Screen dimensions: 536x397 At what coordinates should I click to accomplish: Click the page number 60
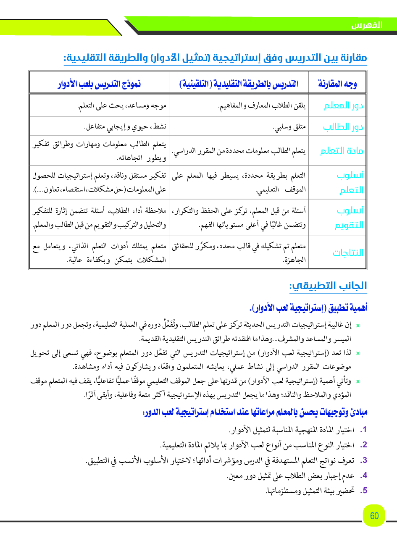(x=374, y=515)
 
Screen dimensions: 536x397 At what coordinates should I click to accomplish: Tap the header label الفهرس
(x=367, y=25)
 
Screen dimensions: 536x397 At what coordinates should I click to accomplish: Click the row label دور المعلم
(x=343, y=106)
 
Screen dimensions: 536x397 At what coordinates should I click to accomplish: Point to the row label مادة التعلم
(x=342, y=151)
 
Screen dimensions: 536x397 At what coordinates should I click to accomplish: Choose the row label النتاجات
(x=348, y=252)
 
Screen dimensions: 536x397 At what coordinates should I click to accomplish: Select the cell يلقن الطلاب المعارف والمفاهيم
(x=262, y=106)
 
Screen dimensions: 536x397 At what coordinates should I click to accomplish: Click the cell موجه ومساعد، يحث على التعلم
(x=122, y=106)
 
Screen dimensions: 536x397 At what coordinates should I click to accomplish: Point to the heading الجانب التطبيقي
(x=328, y=286)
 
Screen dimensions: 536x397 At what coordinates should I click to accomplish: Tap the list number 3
(x=363, y=460)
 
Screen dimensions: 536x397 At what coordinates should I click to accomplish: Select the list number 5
(x=363, y=490)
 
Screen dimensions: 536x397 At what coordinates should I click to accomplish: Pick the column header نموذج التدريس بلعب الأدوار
(x=99, y=84)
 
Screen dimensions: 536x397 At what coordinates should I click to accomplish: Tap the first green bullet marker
(x=358, y=325)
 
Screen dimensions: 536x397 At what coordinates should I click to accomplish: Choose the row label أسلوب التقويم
(x=349, y=218)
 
